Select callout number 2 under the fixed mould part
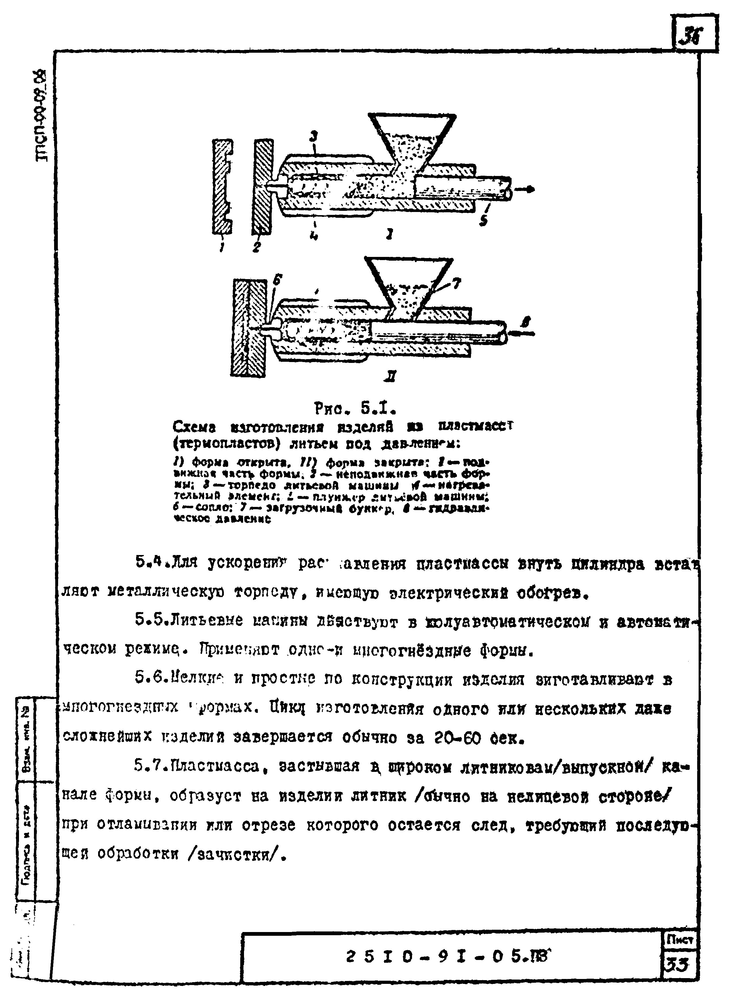[x=256, y=247]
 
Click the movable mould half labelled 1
[x=223, y=187]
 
